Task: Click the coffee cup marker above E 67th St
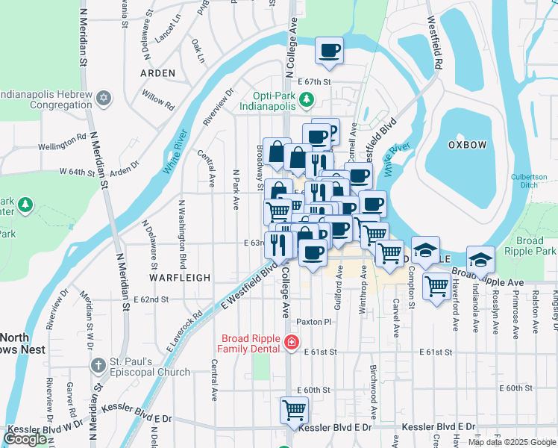coord(329,51)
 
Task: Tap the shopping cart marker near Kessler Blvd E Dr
coord(294,409)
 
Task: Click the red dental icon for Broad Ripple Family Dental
coord(291,343)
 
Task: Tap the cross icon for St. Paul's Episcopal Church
coord(98,366)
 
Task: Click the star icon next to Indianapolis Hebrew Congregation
coord(104,99)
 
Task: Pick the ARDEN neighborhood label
coord(157,73)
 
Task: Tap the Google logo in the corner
coord(25,438)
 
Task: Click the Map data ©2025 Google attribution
coord(512,442)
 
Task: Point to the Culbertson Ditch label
coord(529,181)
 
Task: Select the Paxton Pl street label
coord(313,322)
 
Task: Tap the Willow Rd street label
coord(158,102)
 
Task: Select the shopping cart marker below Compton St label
coord(436,284)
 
